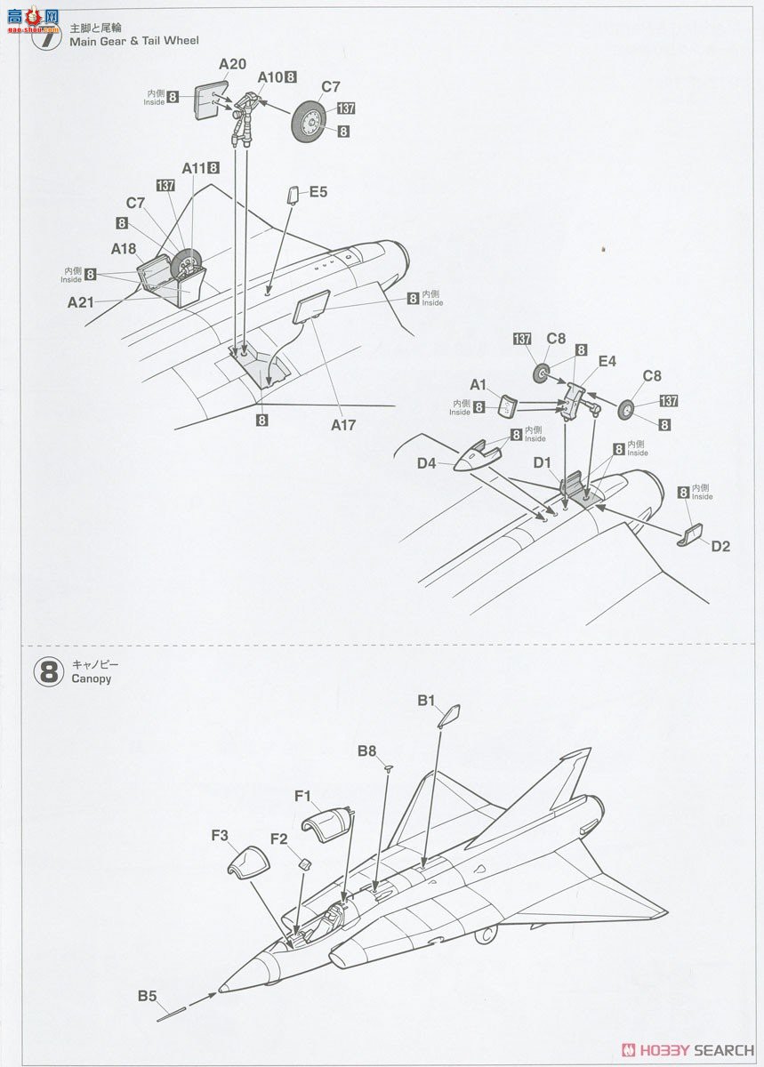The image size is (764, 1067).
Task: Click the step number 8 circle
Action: point(49,671)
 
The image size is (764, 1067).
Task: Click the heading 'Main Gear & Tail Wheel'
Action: point(134,41)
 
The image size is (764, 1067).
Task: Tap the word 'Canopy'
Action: point(91,679)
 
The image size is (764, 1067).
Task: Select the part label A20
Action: point(232,63)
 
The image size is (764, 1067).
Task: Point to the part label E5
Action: point(318,191)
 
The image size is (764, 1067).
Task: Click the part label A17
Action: point(343,425)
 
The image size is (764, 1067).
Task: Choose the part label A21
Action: point(81,302)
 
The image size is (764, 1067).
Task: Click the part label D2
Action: point(720,546)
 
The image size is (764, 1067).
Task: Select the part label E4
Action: point(607,362)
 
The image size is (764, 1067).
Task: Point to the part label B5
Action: point(147,996)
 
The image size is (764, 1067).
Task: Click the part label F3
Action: point(220,835)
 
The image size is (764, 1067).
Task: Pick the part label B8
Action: point(367,751)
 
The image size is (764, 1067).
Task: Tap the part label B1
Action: point(427,701)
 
